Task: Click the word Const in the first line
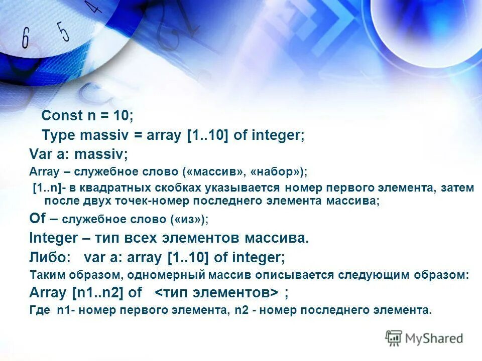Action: point(61,116)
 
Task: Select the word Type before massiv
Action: point(58,135)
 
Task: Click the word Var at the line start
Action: point(38,153)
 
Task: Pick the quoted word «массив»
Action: point(217,171)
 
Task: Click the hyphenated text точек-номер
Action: point(154,201)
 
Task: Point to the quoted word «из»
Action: point(192,219)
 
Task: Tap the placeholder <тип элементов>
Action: point(216,292)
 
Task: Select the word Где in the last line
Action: point(40,310)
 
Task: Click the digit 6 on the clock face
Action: point(26,39)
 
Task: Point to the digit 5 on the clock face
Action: point(63,31)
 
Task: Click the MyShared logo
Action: point(424,338)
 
